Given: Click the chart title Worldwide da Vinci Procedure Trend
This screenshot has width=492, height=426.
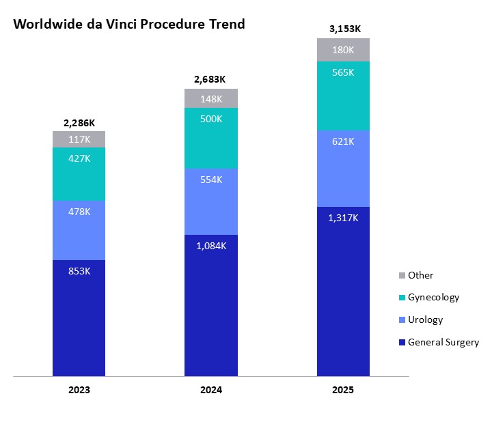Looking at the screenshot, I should [129, 24].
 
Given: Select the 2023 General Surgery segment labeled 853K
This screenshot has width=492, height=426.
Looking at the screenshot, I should [79, 317].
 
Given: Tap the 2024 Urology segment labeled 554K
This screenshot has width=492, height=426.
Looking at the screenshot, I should [211, 201].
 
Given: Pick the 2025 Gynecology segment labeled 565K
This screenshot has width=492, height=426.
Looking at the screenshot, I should [343, 96].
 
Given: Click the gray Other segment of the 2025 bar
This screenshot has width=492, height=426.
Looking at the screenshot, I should [343, 50].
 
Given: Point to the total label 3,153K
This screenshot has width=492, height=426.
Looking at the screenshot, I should [343, 29].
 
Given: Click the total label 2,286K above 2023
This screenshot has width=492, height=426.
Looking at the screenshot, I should [79, 123].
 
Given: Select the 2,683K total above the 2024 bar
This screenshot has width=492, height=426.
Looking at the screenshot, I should [211, 80].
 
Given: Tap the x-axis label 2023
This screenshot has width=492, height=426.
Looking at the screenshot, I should [79, 390].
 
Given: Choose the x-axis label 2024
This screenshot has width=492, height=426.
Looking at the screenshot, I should [211, 390].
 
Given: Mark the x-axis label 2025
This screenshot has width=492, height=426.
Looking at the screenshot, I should [343, 390].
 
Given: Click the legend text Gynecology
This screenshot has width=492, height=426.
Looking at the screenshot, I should [433, 298].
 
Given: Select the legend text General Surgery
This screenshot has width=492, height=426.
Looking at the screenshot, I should [443, 342].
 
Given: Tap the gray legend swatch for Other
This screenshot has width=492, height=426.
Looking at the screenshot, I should [402, 276].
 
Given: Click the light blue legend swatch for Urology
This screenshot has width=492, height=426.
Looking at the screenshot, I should [402, 320].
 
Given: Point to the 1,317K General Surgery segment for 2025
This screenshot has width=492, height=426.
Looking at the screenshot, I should [343, 291].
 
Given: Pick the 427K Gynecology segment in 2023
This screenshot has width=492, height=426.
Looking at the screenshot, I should [79, 174].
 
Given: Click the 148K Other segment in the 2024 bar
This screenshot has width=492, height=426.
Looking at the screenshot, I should [211, 98].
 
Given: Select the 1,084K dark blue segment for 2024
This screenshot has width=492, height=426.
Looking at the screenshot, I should [211, 305].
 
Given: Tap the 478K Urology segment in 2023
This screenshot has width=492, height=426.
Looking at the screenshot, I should [79, 230].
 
